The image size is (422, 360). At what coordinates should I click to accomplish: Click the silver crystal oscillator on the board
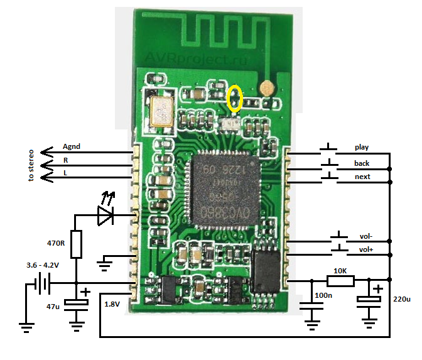click(162, 111)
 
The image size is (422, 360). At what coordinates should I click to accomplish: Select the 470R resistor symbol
click(76, 244)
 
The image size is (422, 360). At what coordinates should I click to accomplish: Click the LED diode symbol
click(104, 216)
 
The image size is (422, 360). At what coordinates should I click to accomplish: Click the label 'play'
click(361, 148)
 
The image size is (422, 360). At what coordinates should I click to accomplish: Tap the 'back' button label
click(361, 163)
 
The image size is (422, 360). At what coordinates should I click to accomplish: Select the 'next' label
click(362, 177)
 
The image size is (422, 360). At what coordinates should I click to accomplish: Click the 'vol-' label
click(367, 236)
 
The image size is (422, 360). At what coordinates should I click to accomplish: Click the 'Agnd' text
click(72, 146)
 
